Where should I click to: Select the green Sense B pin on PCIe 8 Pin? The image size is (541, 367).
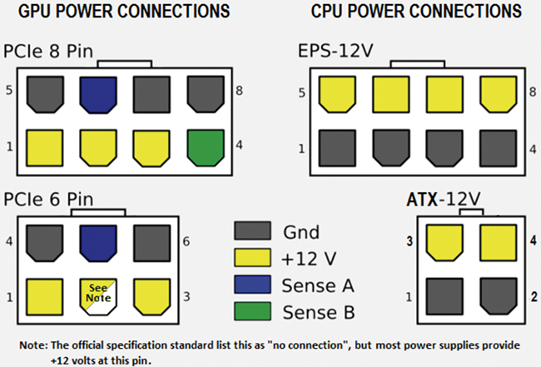click(x=205, y=146)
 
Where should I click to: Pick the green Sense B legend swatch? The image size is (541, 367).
click(x=252, y=312)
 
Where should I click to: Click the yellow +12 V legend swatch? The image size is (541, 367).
click(x=252, y=257)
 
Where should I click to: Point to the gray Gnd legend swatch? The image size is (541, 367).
click(x=252, y=230)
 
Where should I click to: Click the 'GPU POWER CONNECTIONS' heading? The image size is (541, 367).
click(x=125, y=12)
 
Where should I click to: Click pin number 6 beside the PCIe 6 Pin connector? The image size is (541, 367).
click(x=185, y=242)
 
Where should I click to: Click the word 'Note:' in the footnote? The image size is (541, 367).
click(x=35, y=345)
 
